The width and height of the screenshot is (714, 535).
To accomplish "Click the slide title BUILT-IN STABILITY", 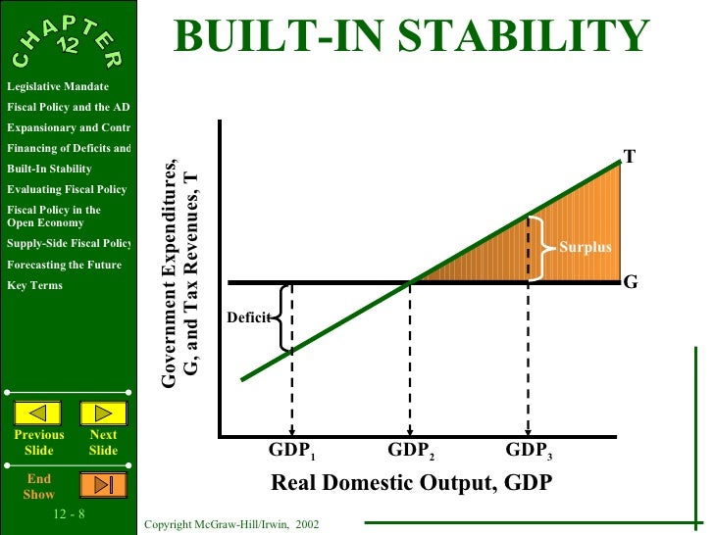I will [412, 39].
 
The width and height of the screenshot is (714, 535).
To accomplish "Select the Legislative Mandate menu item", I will [57, 87].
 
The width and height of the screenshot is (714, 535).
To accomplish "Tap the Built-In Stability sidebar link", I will [49, 169].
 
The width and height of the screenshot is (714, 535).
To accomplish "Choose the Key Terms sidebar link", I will [34, 285].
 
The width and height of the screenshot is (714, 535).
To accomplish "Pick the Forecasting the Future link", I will [64, 265].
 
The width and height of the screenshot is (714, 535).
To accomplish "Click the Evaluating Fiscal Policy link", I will [66, 189].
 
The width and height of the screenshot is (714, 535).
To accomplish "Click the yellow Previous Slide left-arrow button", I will [38, 413].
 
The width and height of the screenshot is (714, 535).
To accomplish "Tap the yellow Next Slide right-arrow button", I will [103, 413].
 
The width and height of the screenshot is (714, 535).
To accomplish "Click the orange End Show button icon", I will [103, 484].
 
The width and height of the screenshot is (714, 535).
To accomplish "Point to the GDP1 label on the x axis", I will [292, 452].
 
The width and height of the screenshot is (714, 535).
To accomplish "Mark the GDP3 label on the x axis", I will [530, 452].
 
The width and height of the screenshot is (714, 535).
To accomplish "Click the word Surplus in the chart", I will [585, 248].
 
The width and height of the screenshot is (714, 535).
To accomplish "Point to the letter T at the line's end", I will [629, 156].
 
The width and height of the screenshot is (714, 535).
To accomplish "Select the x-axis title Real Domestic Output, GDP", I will [411, 483].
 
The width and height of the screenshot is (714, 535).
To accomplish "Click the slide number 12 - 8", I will [70, 511].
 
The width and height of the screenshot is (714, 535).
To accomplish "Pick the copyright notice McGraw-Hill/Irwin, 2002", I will [230, 526].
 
